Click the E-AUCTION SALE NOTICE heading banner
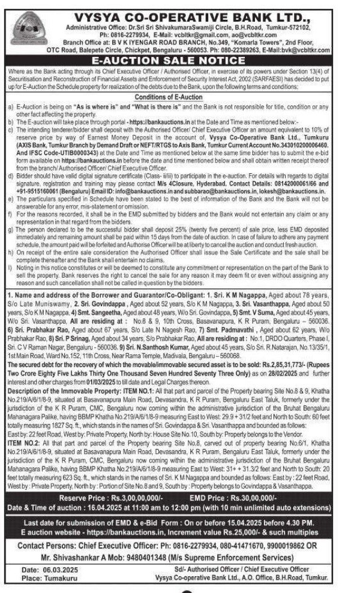click(x=179, y=61)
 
